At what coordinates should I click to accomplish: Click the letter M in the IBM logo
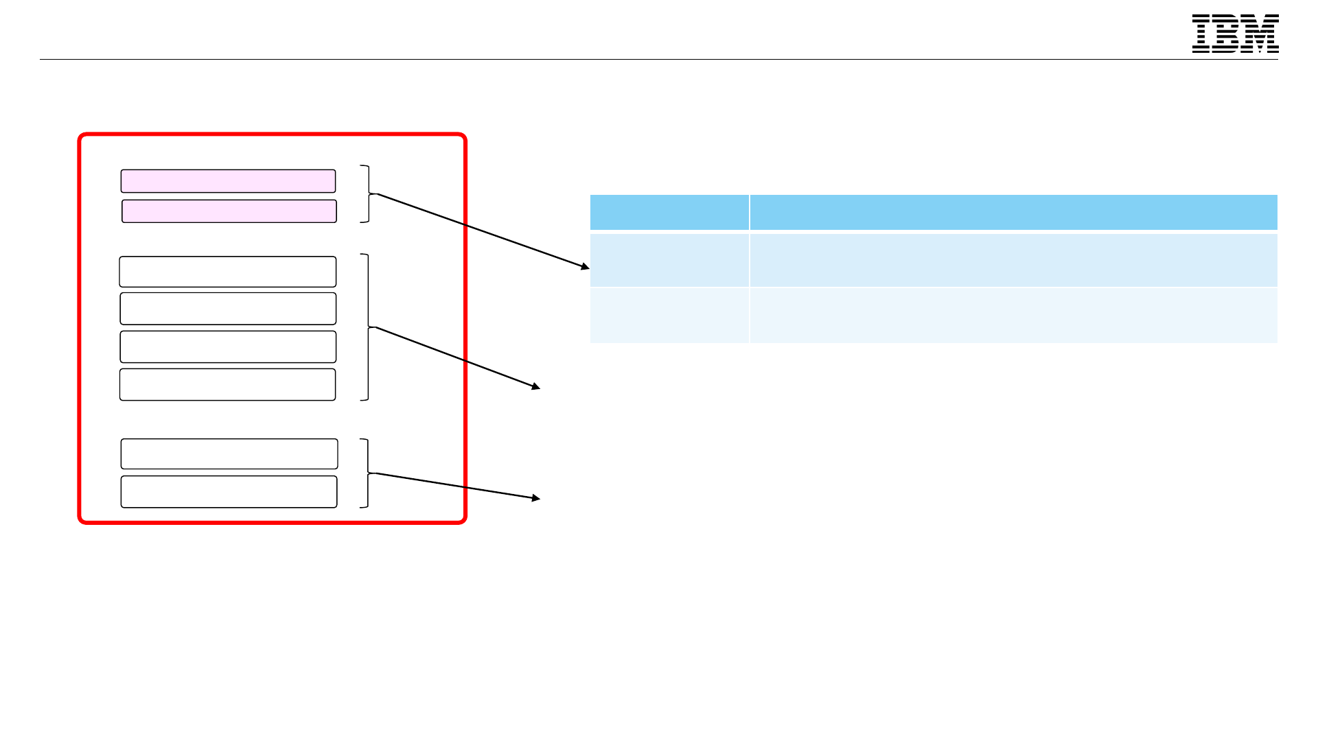click(x=1262, y=34)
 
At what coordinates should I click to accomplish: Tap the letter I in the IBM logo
click(x=1201, y=34)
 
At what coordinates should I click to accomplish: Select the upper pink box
click(x=228, y=181)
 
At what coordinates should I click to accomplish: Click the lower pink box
click(x=229, y=211)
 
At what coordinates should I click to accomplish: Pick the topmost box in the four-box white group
click(x=227, y=272)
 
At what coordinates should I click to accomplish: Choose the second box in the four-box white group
click(x=228, y=309)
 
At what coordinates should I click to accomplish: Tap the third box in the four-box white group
click(x=228, y=346)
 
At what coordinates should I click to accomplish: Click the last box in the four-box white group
click(x=227, y=384)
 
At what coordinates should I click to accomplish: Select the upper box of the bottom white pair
click(x=229, y=454)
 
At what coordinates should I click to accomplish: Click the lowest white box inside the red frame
click(x=229, y=492)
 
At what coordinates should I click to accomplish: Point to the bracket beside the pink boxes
click(x=368, y=194)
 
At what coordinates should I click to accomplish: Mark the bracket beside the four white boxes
click(x=367, y=327)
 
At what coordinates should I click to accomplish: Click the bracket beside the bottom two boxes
click(x=367, y=473)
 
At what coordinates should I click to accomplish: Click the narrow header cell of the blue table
click(x=669, y=212)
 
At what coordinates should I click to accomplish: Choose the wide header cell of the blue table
click(x=1013, y=212)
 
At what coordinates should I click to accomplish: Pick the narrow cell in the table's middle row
click(x=669, y=260)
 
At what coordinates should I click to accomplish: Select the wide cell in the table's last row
click(x=1013, y=316)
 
